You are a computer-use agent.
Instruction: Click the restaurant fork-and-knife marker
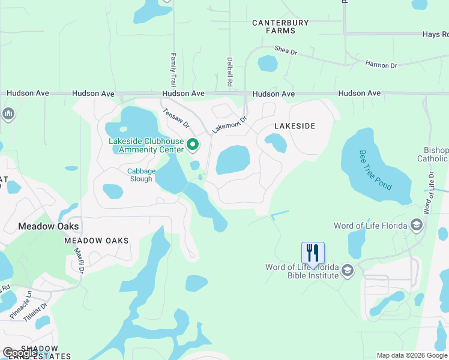click(x=313, y=253)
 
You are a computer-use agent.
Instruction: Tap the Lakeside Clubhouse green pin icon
click(x=193, y=145)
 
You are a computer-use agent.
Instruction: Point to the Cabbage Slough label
click(x=141, y=175)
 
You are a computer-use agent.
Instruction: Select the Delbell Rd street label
click(x=230, y=70)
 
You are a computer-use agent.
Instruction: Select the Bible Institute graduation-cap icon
click(x=347, y=271)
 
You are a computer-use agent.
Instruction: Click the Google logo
click(x=20, y=353)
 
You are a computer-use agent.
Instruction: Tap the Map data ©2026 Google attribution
click(x=412, y=355)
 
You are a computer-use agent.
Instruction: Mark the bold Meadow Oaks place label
click(x=49, y=226)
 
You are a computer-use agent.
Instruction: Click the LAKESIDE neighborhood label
click(x=295, y=126)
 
